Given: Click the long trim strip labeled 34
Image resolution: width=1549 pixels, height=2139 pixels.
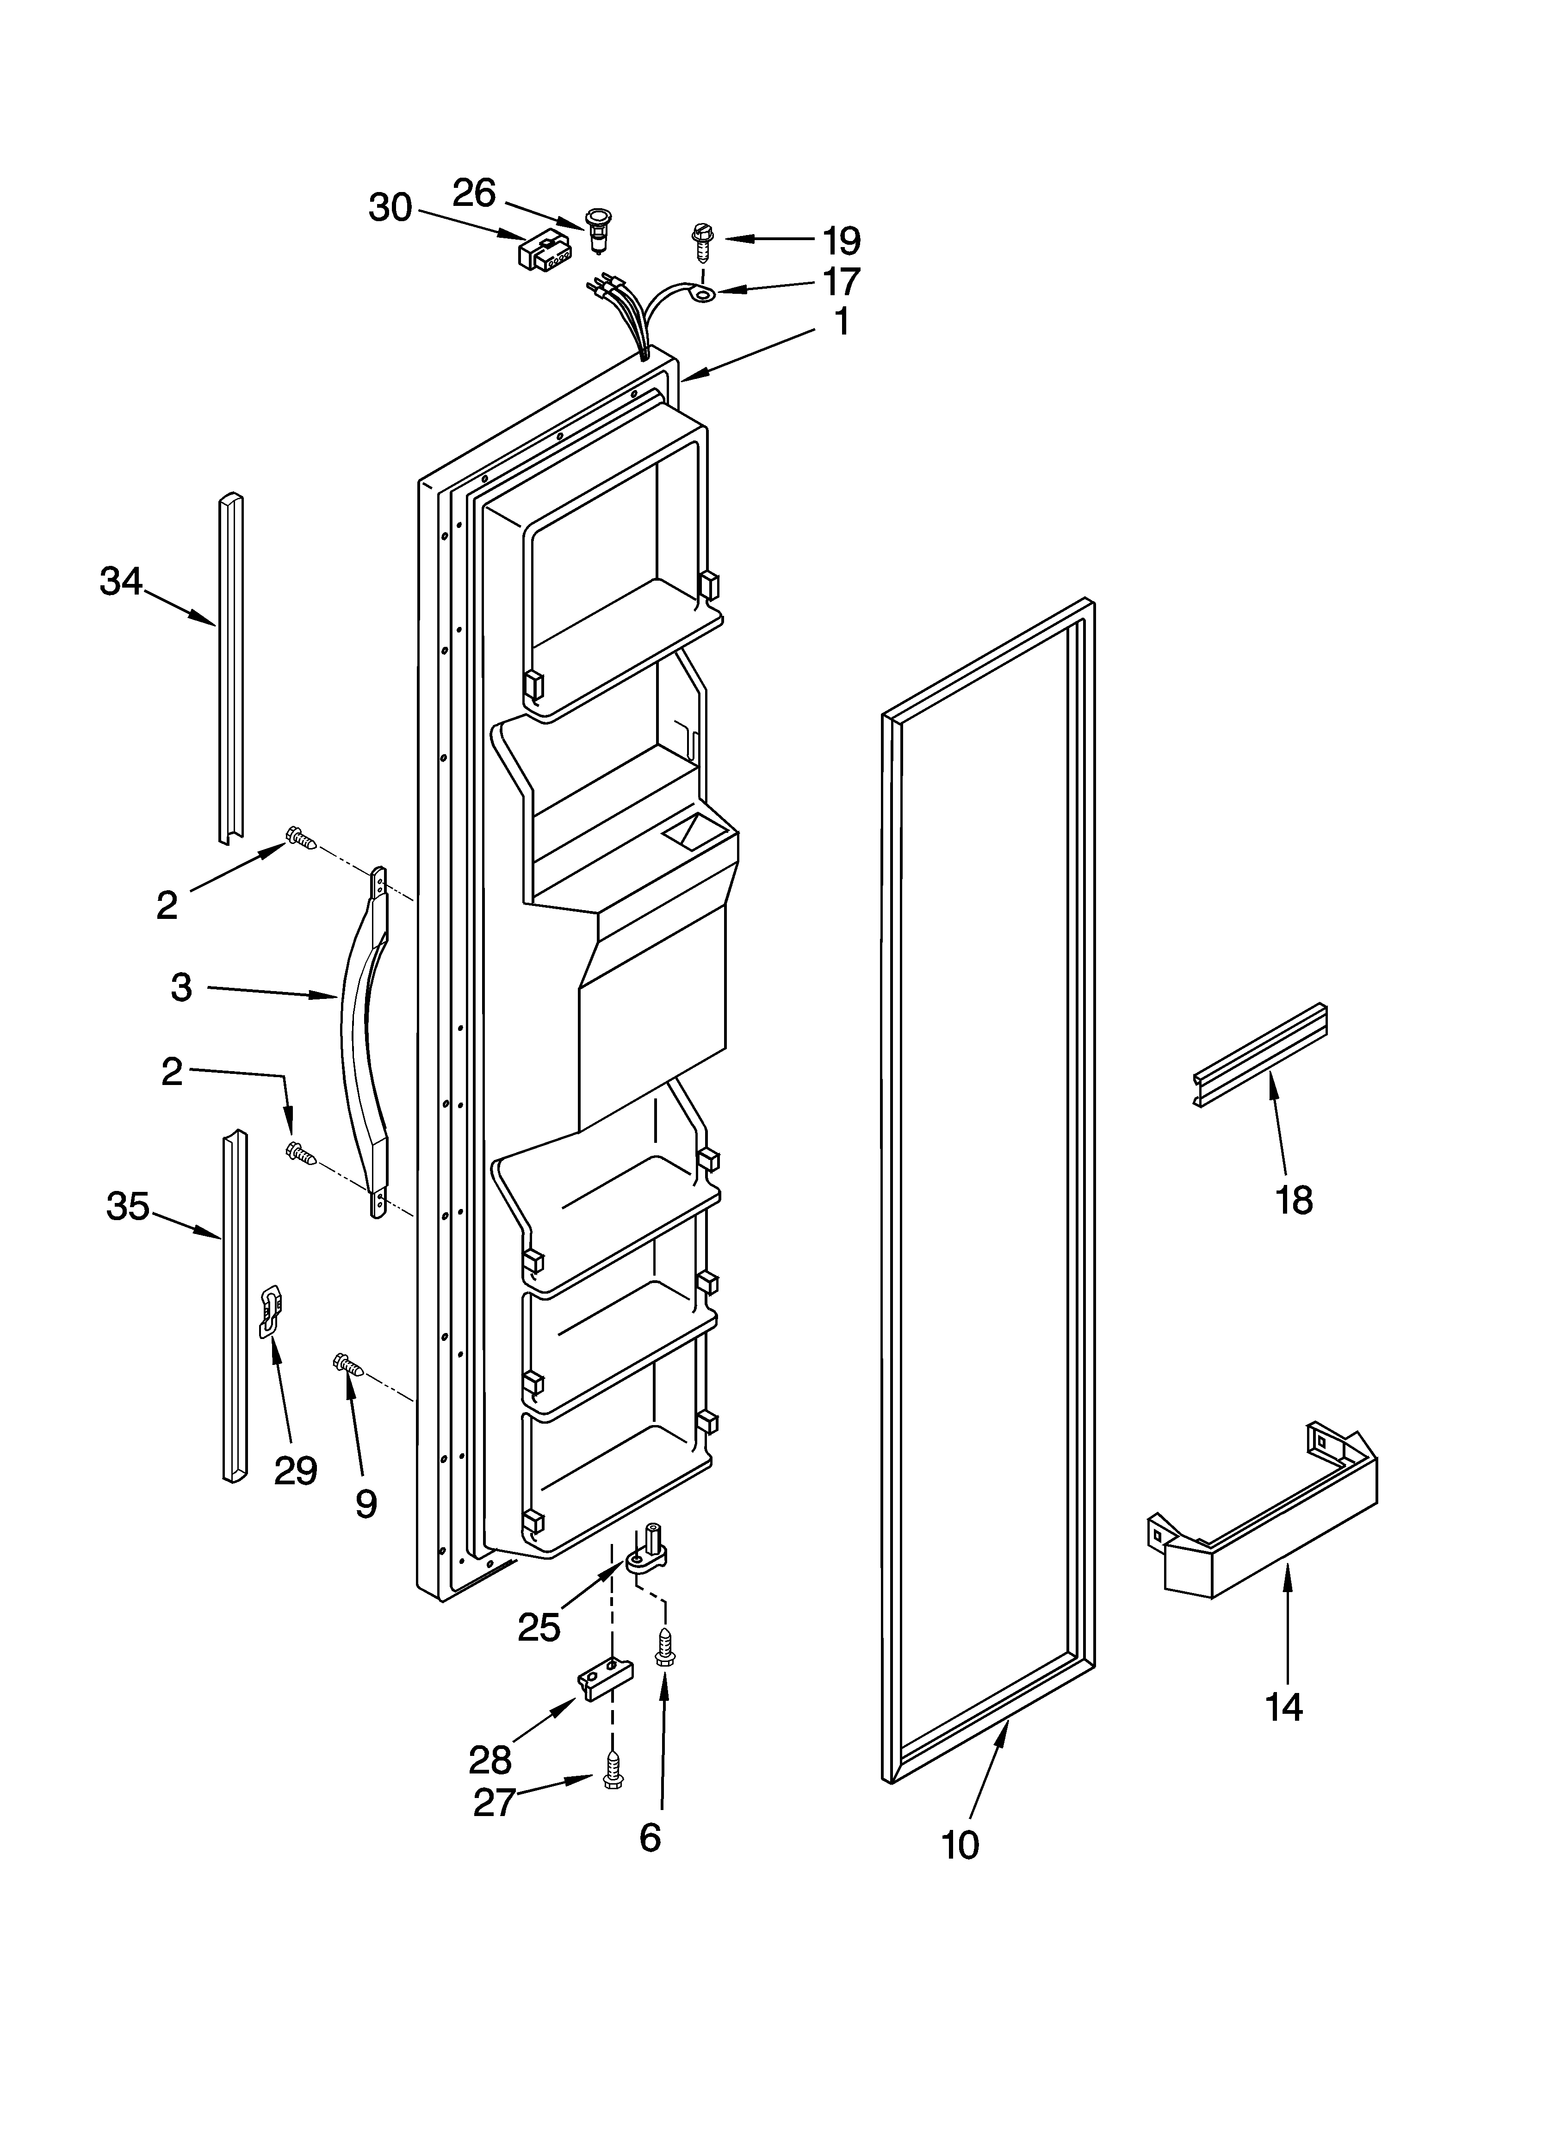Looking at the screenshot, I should click(x=231, y=670).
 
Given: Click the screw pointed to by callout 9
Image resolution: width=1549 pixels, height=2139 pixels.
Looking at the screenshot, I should click(x=347, y=1364).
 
